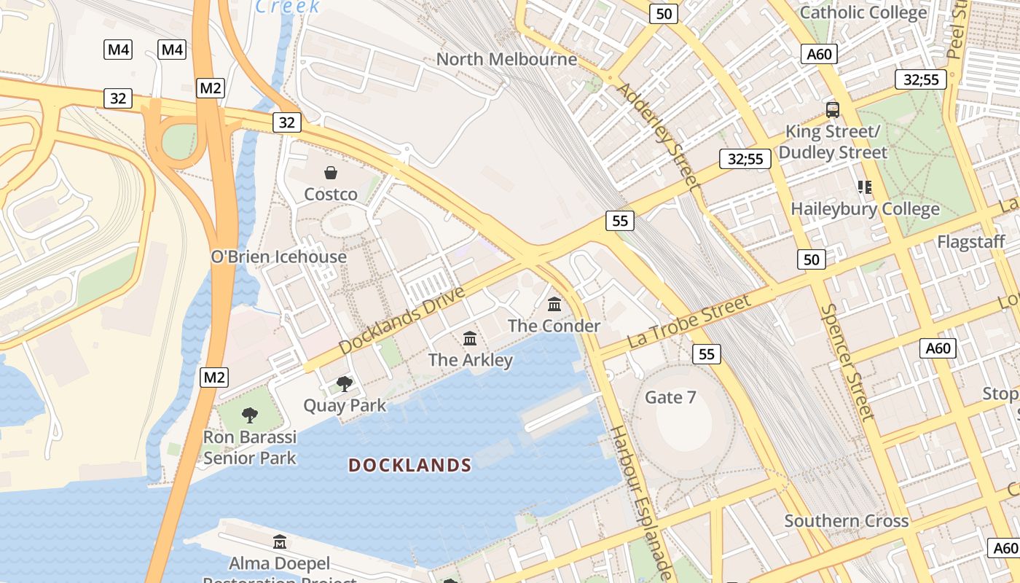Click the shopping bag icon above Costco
point(331,173)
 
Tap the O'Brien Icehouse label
point(278,257)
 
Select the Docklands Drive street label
point(402,321)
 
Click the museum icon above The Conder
point(554,304)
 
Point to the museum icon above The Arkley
point(470,339)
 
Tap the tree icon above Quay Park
point(345,383)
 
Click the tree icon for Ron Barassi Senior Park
point(250,415)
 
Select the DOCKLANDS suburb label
point(409,465)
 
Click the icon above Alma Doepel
point(280,542)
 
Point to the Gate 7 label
point(670,397)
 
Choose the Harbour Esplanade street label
point(641,503)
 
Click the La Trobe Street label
point(688,321)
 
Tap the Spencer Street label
point(847,362)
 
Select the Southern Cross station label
point(846,521)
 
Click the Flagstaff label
point(970,241)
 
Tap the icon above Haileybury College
point(865,187)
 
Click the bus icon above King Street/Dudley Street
point(833,110)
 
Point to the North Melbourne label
point(506,59)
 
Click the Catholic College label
point(863,12)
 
